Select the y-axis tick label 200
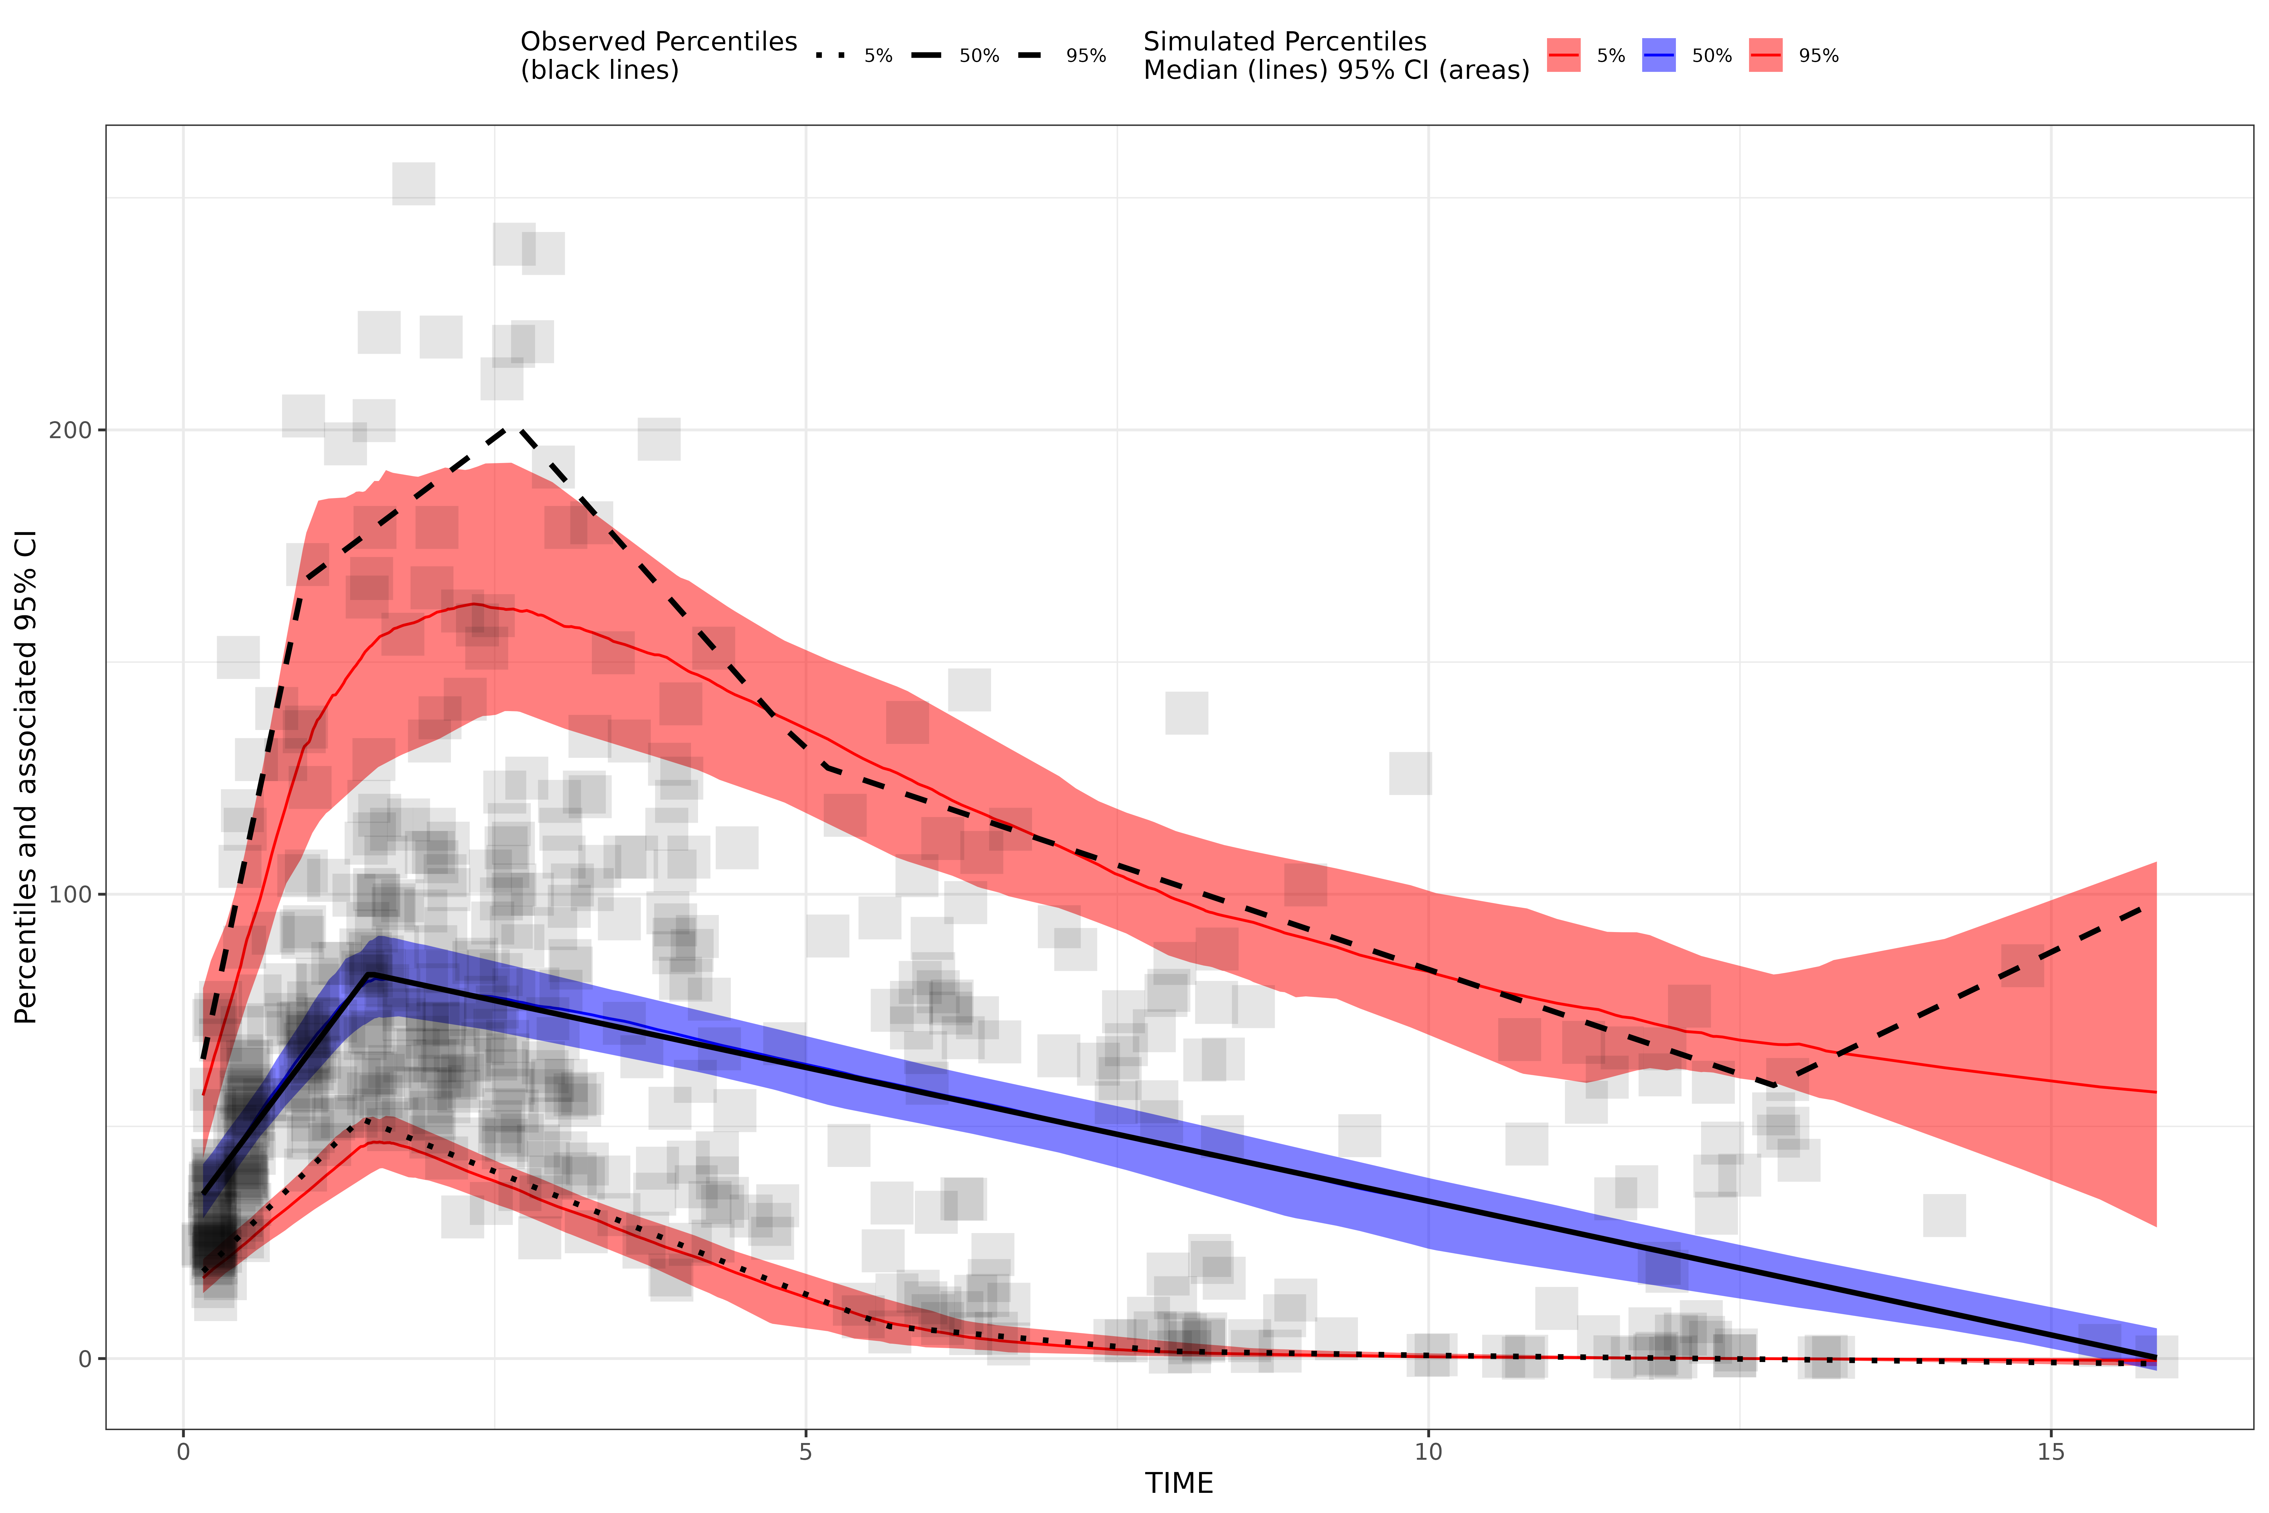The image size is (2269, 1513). point(69,430)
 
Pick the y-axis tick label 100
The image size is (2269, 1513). point(69,895)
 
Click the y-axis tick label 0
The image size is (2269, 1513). point(85,1359)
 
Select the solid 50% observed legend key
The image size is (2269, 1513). point(926,56)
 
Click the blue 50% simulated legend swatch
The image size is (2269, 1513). point(1658,56)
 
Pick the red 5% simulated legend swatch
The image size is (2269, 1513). point(1563,56)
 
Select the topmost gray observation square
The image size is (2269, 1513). point(414,183)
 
